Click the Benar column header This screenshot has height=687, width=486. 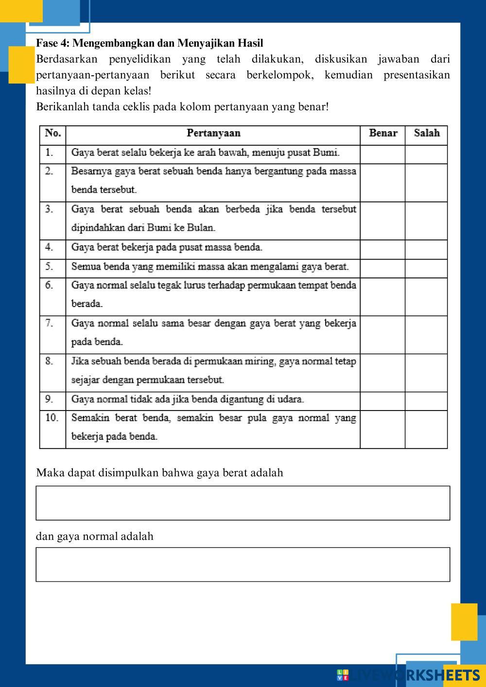(x=383, y=133)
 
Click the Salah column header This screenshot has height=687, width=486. (x=426, y=133)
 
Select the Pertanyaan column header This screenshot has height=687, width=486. (x=213, y=133)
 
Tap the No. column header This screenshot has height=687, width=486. (x=52, y=133)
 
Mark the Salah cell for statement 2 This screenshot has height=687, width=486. (x=426, y=183)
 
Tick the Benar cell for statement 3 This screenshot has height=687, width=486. (x=382, y=221)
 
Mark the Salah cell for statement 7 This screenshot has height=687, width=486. (x=426, y=335)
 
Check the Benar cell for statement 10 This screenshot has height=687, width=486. (x=382, y=429)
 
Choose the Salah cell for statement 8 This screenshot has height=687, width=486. (x=426, y=373)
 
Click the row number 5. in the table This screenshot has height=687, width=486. (x=49, y=267)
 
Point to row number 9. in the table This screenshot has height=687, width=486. (x=49, y=399)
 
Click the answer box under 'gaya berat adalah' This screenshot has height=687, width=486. (x=243, y=503)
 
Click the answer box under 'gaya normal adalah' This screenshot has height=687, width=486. (x=243, y=564)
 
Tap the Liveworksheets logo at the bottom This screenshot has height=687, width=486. (x=408, y=675)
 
